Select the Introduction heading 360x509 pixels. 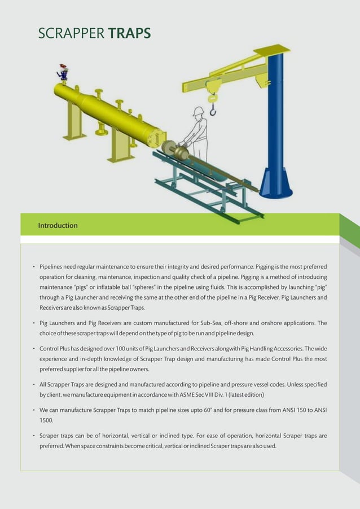58,226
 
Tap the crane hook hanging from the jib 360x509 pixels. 213,109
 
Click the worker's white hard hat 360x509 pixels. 197,112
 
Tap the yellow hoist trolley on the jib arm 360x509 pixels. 213,86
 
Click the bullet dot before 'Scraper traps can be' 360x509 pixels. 34,436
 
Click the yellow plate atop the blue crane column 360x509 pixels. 271,50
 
